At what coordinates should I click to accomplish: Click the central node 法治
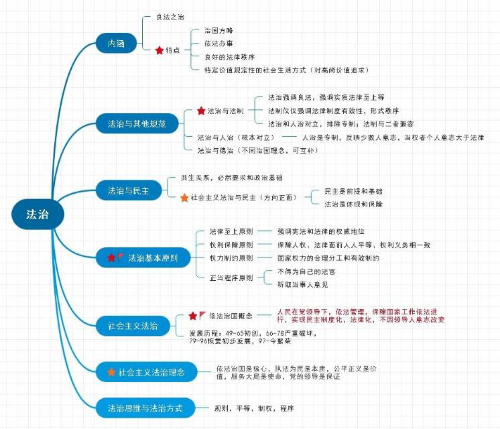coord(37,215)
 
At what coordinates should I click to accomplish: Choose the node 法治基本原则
coord(142,257)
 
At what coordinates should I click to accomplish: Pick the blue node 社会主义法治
coord(133,326)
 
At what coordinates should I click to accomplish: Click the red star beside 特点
coord(159,50)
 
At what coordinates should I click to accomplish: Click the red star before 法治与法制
coord(201,111)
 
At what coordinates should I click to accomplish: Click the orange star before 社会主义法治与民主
coord(184,198)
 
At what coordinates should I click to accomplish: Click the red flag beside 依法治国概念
coord(202,315)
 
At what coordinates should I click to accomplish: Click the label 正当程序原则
coord(227,278)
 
